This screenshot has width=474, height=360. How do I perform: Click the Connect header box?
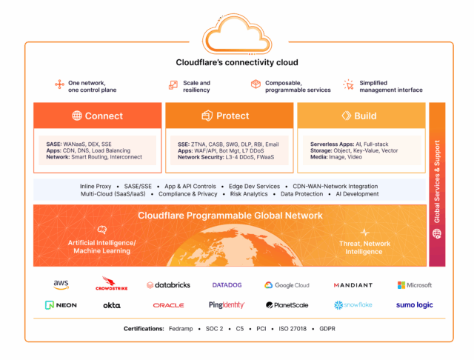(x=97, y=116)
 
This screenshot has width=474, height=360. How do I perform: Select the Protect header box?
(x=229, y=116)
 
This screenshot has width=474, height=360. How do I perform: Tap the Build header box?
(x=361, y=116)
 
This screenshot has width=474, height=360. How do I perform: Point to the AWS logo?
(x=61, y=284)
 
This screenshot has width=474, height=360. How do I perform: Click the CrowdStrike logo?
(x=112, y=284)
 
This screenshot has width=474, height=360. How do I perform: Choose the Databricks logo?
(x=168, y=285)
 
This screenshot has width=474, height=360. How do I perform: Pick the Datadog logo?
(x=227, y=285)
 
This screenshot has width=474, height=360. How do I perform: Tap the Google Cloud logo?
(x=287, y=285)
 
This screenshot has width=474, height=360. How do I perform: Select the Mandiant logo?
(x=353, y=285)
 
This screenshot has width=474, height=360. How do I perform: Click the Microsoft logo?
(x=415, y=285)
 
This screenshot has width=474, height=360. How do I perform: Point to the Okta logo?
(x=112, y=305)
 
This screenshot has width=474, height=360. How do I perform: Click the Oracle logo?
(x=168, y=305)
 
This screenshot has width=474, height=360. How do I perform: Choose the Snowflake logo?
(x=353, y=305)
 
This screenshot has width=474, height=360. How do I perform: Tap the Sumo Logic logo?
(x=415, y=305)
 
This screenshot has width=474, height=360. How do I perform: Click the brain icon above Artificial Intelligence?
(x=102, y=230)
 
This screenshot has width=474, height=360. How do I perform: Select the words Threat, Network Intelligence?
(x=364, y=247)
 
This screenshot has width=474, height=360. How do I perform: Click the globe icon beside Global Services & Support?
(x=437, y=233)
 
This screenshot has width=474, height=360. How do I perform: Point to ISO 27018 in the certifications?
(x=293, y=329)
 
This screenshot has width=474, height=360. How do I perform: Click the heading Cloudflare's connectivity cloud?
(x=237, y=62)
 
